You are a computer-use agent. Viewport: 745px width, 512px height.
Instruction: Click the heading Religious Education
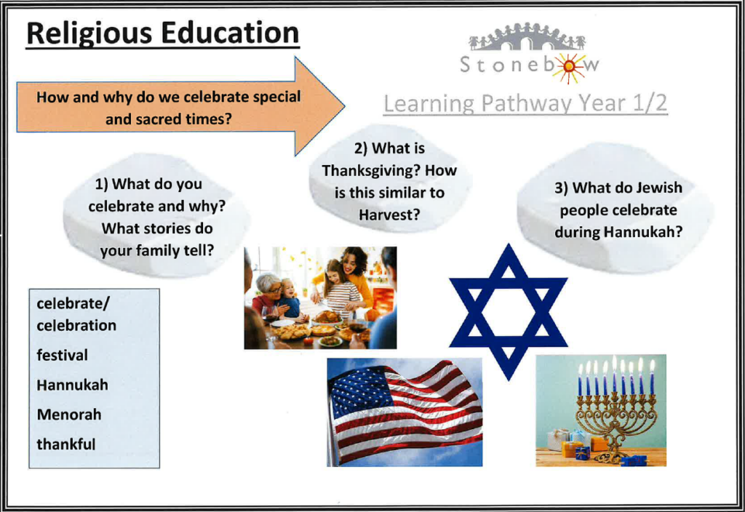click(162, 34)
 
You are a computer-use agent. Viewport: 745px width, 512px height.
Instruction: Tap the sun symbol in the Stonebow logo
click(569, 66)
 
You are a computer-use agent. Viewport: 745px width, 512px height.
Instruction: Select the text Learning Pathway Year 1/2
click(525, 104)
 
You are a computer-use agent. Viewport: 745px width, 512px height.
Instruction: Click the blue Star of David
click(508, 311)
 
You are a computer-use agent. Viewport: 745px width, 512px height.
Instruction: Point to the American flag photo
click(405, 412)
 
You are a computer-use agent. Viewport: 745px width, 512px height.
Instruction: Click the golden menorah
click(615, 418)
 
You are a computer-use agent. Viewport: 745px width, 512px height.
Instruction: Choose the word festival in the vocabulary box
click(63, 355)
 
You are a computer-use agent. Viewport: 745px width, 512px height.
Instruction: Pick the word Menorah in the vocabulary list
click(69, 414)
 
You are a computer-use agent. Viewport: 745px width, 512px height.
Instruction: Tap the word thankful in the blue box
click(66, 444)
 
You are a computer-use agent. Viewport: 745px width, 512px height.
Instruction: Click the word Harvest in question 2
click(389, 215)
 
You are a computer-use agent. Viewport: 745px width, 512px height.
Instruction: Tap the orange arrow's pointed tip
click(344, 106)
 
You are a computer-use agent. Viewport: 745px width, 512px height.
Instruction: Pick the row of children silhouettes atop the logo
click(527, 37)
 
